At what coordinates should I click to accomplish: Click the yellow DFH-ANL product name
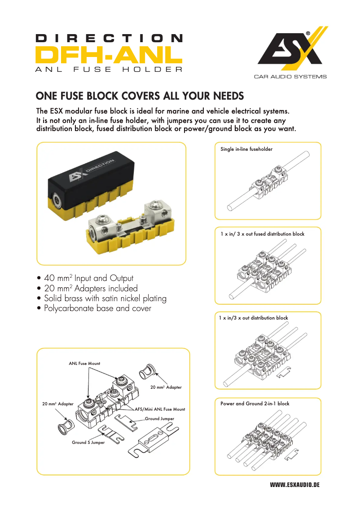[x=109, y=55]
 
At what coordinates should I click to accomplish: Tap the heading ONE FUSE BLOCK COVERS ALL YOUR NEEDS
[x=140, y=96]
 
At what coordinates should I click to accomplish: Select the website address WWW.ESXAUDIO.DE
[x=294, y=486]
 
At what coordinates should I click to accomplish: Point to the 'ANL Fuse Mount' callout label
[x=84, y=364]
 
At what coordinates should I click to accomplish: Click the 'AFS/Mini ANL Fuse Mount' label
[x=160, y=409]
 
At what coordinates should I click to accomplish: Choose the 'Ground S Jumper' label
[x=88, y=443]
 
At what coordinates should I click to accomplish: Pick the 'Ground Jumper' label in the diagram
[x=159, y=419]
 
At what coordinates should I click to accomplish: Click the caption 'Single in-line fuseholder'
[x=246, y=149]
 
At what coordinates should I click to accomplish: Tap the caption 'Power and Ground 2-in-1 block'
[x=255, y=404]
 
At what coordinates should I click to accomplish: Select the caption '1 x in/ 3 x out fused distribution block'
[x=262, y=234]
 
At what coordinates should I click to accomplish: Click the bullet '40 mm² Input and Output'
[x=88, y=278]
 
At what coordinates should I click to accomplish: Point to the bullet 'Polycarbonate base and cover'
[x=97, y=308]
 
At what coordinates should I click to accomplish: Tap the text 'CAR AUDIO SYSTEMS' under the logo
[x=290, y=77]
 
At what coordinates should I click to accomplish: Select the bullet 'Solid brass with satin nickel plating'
[x=105, y=298]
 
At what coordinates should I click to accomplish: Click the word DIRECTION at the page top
[x=109, y=39]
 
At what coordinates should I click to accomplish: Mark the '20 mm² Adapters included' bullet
[x=91, y=288]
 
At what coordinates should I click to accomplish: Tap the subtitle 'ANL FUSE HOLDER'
[x=109, y=70]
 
